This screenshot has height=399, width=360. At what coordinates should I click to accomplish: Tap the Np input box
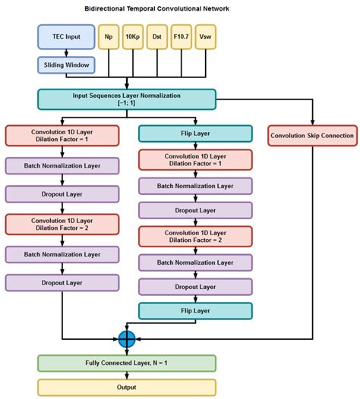pos(108,36)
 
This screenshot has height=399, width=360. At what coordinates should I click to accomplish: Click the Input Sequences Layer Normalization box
pos(126,99)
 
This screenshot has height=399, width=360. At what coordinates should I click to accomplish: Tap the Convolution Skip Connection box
pos(311,136)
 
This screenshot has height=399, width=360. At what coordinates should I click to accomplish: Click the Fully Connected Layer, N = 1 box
pos(126,363)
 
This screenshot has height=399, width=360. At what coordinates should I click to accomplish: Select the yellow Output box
pos(126,386)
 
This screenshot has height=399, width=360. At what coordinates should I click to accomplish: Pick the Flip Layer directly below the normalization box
pos(195,134)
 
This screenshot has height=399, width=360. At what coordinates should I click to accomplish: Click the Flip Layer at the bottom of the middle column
pos(195,309)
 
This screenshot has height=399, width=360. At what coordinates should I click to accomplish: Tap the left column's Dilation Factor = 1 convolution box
pos(62,136)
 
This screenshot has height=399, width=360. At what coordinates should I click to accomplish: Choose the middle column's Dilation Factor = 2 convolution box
pos(195,237)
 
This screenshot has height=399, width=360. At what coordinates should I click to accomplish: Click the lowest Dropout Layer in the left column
pos(62,282)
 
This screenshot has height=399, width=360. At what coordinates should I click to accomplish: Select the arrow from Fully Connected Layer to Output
pos(126,375)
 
